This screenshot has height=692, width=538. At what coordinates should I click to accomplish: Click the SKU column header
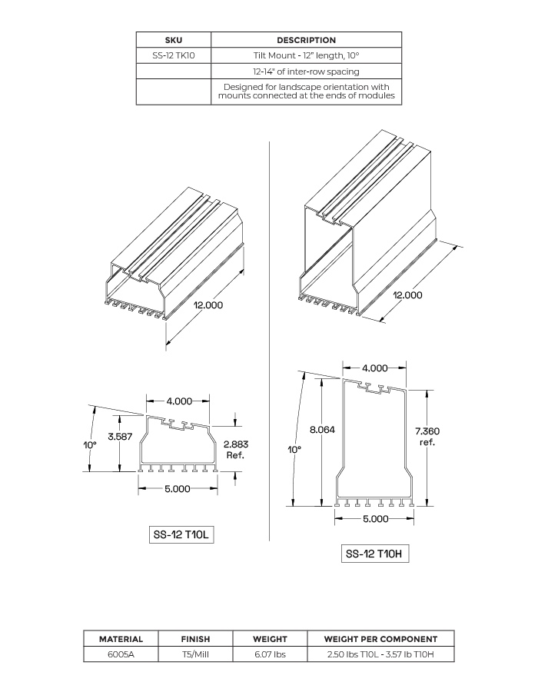(173, 40)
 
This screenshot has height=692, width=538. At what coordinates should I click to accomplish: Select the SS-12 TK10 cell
(173, 55)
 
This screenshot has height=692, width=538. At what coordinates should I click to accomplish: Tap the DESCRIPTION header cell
(306, 40)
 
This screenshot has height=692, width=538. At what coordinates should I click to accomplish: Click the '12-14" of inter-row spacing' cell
(306, 72)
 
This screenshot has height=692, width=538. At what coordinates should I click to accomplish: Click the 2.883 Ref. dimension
(235, 450)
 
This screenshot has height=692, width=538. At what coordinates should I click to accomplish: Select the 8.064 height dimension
(323, 430)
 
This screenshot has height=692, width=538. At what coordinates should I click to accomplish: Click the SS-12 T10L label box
(181, 534)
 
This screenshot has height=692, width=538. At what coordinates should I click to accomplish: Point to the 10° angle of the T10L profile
(91, 445)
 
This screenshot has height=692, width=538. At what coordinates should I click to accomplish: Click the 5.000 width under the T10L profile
(178, 489)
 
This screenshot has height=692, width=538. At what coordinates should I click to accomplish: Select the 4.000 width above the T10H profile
(374, 368)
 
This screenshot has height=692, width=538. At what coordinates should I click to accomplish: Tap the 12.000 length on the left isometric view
(208, 305)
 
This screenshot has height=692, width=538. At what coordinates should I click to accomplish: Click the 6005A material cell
(121, 654)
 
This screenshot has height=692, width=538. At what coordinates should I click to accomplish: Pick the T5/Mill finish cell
(195, 654)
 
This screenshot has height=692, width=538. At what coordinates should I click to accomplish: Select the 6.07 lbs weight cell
(270, 654)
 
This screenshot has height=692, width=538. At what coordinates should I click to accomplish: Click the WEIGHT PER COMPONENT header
(380, 639)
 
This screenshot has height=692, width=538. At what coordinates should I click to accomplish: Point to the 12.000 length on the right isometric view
(408, 295)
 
